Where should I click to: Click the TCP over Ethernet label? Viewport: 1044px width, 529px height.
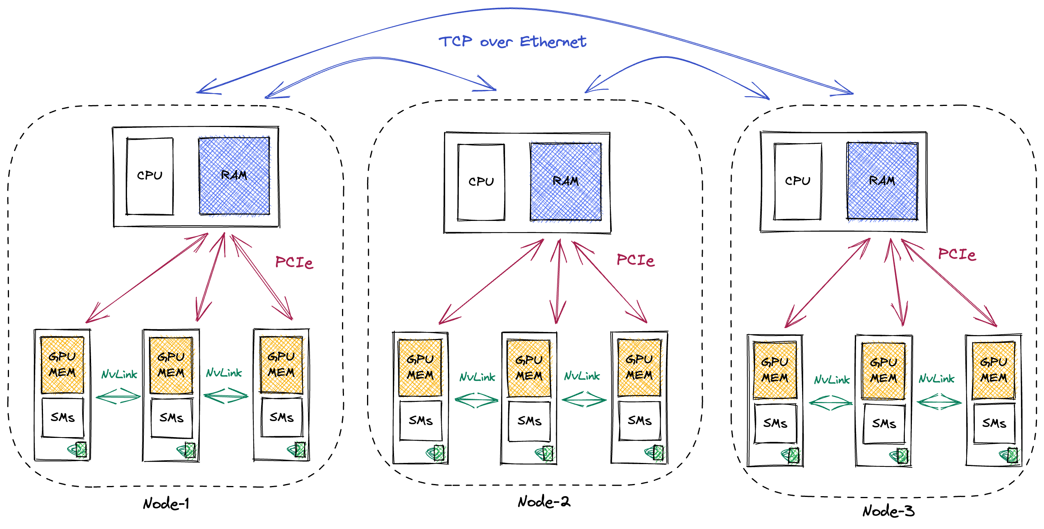pyautogui.click(x=512, y=42)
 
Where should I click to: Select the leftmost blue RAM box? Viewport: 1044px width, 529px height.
pyautogui.click(x=234, y=176)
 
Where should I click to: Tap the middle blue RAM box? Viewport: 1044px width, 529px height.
pyautogui.click(x=566, y=181)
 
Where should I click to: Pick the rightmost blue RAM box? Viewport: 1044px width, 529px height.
pyautogui.click(x=882, y=181)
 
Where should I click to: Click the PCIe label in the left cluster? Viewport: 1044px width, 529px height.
pyautogui.click(x=294, y=262)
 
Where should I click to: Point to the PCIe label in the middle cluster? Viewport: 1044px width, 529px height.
pyautogui.click(x=635, y=260)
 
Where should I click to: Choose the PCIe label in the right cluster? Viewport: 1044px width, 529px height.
pyautogui.click(x=956, y=254)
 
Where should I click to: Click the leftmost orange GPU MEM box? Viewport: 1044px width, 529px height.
pyautogui.click(x=63, y=364)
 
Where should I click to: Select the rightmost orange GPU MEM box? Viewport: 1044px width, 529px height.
pyautogui.click(x=994, y=370)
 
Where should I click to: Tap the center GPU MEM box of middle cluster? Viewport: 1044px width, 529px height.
pyautogui.click(x=529, y=368)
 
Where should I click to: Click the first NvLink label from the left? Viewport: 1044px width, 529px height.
pyautogui.click(x=119, y=374)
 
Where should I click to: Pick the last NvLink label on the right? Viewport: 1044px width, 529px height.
pyautogui.click(x=936, y=378)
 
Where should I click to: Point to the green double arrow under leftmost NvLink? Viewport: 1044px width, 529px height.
pyautogui.click(x=118, y=396)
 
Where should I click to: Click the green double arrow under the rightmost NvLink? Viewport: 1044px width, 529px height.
pyautogui.click(x=939, y=402)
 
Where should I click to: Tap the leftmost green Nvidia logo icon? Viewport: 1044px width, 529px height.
pyautogui.click(x=78, y=450)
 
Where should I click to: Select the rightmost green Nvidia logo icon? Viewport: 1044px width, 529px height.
pyautogui.click(x=1010, y=455)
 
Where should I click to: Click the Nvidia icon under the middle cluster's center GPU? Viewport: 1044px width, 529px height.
pyautogui.click(x=545, y=454)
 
